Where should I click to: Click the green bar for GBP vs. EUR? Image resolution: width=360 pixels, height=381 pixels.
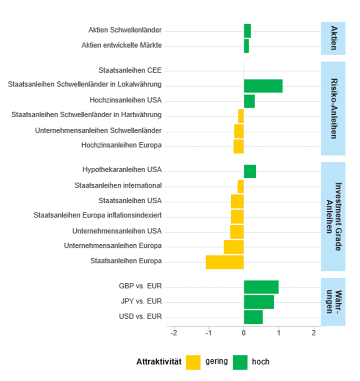(261, 287)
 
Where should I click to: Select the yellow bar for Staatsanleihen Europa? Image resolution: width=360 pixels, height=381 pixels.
(224, 262)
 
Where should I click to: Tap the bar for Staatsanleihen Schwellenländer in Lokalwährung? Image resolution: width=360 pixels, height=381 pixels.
(263, 86)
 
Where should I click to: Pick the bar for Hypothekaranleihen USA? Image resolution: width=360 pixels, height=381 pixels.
(250, 171)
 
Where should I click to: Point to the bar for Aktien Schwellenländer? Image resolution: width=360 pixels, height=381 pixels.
(247, 31)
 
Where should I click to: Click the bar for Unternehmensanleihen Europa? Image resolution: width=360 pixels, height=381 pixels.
(233, 247)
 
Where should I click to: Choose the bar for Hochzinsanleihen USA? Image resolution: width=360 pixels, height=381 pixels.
(249, 101)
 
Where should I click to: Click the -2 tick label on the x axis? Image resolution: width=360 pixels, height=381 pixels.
(174, 333)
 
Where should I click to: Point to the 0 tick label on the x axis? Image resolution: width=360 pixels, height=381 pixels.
(244, 333)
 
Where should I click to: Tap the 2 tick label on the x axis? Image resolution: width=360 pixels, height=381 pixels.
(313, 333)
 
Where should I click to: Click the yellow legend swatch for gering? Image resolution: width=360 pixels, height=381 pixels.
(193, 362)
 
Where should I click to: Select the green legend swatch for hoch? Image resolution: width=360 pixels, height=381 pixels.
(240, 362)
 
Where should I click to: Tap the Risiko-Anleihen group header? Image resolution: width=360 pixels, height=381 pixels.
(333, 108)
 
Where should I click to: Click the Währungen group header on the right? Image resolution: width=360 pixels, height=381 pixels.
(333, 301)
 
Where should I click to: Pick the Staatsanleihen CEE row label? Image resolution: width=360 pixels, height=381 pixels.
(130, 70)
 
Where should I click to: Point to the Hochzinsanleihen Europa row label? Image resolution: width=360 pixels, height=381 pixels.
(122, 146)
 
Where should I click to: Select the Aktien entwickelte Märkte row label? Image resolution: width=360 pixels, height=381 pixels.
(122, 45)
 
